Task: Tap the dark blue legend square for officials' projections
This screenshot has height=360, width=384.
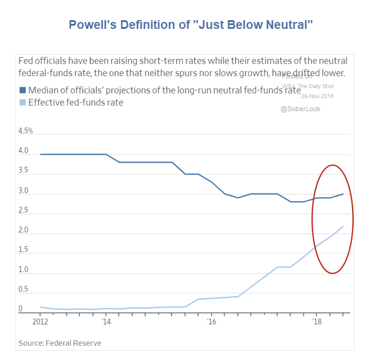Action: tap(22, 90)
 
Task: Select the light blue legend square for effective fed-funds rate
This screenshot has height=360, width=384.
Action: tap(22, 102)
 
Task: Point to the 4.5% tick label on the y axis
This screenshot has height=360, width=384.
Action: tap(26, 131)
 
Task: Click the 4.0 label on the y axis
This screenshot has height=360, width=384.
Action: tap(24, 151)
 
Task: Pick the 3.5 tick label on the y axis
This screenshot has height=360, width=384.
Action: tap(24, 171)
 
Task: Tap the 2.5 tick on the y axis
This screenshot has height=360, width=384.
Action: tap(24, 210)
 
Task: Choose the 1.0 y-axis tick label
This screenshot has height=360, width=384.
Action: tap(24, 270)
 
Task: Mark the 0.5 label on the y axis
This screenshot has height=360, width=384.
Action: tap(24, 290)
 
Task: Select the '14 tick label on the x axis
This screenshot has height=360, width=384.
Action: tap(106, 322)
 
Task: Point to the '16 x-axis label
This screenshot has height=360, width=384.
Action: tap(211, 322)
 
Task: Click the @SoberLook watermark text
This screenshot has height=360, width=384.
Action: tap(301, 109)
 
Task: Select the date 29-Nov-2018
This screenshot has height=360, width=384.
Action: tap(317, 96)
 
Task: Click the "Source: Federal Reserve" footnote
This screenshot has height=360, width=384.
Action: tap(60, 343)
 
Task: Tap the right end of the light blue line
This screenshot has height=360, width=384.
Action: tap(343, 227)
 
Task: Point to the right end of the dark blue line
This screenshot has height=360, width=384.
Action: tap(343, 194)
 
